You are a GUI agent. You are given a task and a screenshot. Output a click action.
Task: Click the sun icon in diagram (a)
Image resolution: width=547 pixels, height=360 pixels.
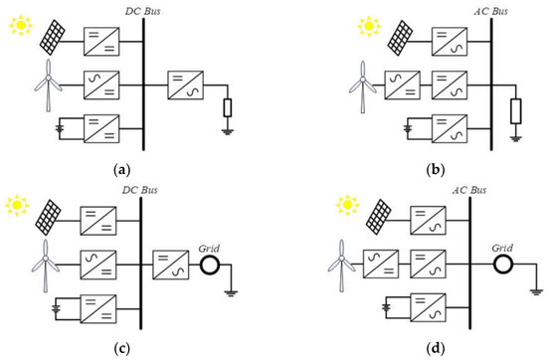(x=20, y=21)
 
